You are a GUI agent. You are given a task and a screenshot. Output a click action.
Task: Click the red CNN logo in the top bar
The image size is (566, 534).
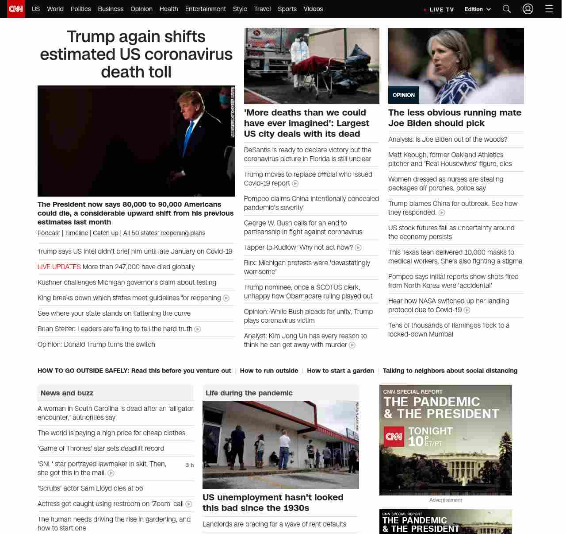16,9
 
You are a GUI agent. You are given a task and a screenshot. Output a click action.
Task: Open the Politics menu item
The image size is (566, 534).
80,9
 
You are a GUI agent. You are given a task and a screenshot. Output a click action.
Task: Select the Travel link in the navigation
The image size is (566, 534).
262,9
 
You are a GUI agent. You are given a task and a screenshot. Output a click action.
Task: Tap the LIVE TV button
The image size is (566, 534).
439,9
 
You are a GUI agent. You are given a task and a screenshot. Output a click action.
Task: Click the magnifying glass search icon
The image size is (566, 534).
507,9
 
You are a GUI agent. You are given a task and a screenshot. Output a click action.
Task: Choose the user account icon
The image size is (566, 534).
528,9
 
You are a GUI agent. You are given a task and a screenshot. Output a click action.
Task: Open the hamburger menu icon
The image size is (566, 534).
549,9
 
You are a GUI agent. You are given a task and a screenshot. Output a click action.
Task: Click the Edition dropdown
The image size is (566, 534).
478,9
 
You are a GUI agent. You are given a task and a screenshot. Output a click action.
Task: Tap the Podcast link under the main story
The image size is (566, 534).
49,233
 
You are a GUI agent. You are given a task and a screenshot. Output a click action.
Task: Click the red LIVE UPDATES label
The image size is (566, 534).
59,267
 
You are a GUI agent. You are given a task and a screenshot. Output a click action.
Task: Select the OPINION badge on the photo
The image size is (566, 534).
404,95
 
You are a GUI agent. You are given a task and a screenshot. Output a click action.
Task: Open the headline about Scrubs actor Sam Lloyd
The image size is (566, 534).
90,488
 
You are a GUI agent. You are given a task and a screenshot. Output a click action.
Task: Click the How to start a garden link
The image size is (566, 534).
340,371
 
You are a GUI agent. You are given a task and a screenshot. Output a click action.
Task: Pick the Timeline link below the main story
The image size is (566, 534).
76,233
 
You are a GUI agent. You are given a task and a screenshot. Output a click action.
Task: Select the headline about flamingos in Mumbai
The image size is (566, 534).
449,330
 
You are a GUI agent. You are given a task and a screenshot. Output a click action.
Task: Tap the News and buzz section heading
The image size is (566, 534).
67,393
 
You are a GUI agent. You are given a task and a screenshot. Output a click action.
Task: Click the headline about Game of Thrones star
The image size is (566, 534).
101,449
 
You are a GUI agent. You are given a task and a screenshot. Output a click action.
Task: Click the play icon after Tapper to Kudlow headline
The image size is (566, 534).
358,248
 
